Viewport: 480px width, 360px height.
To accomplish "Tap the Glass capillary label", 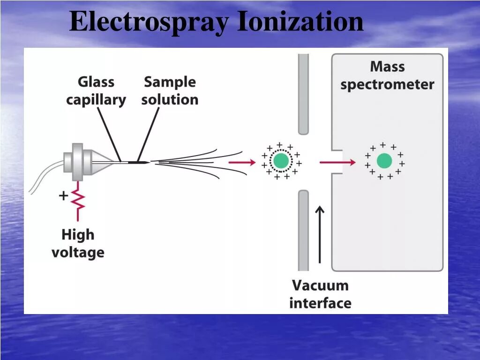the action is (x=96, y=91).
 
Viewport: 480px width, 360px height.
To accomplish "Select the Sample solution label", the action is (x=170, y=91).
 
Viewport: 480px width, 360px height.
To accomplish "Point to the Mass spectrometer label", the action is (x=387, y=75).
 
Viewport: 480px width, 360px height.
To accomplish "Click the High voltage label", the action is (x=78, y=244).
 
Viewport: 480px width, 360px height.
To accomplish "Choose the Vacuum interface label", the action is (x=320, y=294).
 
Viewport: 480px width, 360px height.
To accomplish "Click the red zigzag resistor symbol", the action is (x=78, y=200).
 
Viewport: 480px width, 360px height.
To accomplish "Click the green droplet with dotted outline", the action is (x=281, y=161).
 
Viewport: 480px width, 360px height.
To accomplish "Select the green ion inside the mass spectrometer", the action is (x=384, y=161).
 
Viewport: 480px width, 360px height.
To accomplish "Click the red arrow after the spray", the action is (x=242, y=162).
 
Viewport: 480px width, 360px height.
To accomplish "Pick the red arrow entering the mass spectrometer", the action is (x=337, y=162).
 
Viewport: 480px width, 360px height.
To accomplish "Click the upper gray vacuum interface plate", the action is (x=304, y=94).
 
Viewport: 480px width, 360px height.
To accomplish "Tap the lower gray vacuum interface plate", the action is (x=304, y=230).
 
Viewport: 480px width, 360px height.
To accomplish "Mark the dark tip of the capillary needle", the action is (x=139, y=162).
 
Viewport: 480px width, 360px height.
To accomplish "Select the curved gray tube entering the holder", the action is (x=45, y=176).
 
